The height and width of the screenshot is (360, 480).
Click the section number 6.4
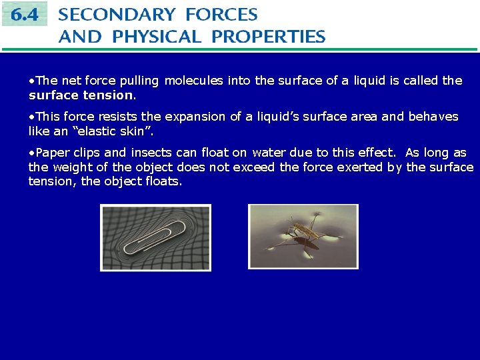point(24,14)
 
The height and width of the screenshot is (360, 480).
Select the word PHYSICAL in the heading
point(157,37)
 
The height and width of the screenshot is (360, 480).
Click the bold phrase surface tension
point(81,95)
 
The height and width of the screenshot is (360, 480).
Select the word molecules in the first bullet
point(194,81)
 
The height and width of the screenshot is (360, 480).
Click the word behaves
point(433,117)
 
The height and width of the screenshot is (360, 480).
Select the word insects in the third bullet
point(150,153)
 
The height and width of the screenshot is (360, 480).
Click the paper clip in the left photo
point(154,237)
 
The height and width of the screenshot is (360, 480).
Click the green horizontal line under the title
point(240,49)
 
